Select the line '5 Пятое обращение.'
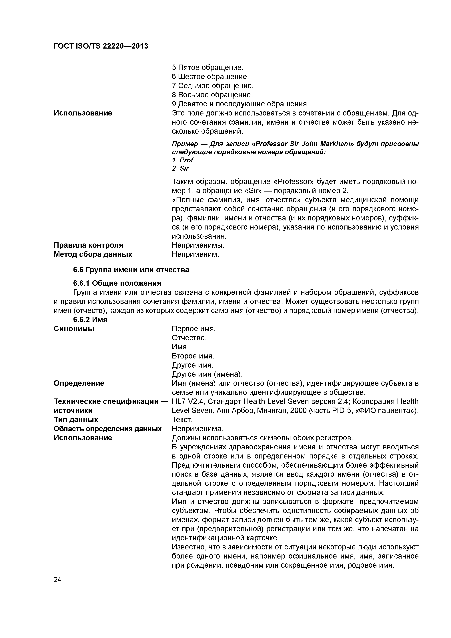[x=207, y=67]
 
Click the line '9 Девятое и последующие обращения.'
[x=240, y=104]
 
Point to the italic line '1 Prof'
[x=183, y=160]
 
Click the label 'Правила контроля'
[x=88, y=245]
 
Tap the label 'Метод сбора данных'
[x=93, y=254]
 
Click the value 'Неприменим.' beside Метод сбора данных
[x=195, y=254]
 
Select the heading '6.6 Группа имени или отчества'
[x=131, y=270]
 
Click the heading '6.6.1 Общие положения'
[x=117, y=283]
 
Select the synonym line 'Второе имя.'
[x=193, y=356]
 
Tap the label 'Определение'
[x=79, y=383]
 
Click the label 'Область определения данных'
[x=107, y=429]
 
